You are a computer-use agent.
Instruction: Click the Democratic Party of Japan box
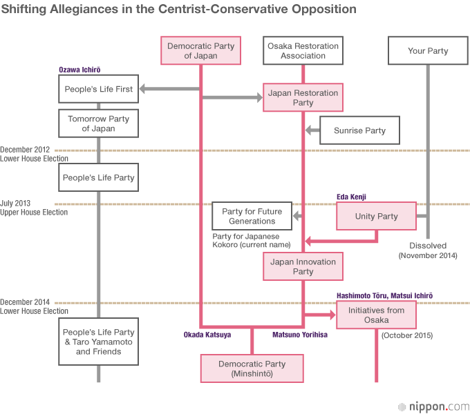[x=200, y=51]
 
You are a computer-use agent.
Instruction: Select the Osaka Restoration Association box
[x=303, y=51]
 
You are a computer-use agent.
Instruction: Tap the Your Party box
[x=428, y=51]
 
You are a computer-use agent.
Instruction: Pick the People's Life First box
[x=98, y=89]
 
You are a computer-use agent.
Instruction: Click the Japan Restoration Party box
[x=303, y=98]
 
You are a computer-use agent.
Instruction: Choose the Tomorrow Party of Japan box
[x=98, y=124]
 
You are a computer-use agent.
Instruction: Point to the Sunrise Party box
[x=359, y=130]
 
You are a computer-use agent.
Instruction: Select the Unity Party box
[x=376, y=216]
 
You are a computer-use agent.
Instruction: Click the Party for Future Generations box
[x=252, y=216]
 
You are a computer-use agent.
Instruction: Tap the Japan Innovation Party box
[x=303, y=266]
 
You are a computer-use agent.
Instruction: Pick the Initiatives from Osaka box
[x=377, y=315]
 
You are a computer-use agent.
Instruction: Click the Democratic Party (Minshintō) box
[x=252, y=368]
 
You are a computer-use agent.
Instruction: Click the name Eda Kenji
[x=350, y=197]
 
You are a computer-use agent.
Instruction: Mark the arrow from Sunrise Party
[x=312, y=130]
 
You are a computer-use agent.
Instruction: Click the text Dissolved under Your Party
[x=428, y=246]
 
